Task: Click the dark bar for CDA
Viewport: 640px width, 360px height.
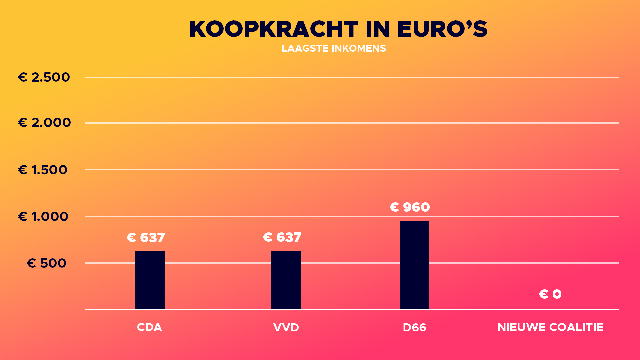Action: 150,280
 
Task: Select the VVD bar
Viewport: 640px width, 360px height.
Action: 286,280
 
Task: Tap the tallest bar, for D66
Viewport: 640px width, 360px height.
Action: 414,265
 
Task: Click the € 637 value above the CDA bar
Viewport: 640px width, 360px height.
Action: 146,238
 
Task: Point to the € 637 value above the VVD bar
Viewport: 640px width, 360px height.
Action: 282,237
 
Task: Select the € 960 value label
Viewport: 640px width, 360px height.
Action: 410,207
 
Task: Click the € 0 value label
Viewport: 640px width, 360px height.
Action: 550,294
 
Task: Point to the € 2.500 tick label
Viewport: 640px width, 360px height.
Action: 44,77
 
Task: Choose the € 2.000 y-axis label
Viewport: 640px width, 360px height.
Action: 44,123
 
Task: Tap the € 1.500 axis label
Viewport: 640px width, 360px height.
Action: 43,170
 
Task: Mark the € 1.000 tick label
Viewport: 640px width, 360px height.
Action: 43,217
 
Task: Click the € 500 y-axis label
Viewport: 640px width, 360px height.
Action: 47,263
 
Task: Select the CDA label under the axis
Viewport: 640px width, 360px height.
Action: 149,327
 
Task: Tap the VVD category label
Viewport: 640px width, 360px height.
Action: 286,327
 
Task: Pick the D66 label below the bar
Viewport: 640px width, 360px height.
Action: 414,327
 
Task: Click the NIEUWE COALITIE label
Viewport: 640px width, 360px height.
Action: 550,327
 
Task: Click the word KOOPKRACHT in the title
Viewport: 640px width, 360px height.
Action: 274,29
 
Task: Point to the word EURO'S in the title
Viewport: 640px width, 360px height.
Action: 442,29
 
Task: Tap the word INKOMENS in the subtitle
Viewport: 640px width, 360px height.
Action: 359,48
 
